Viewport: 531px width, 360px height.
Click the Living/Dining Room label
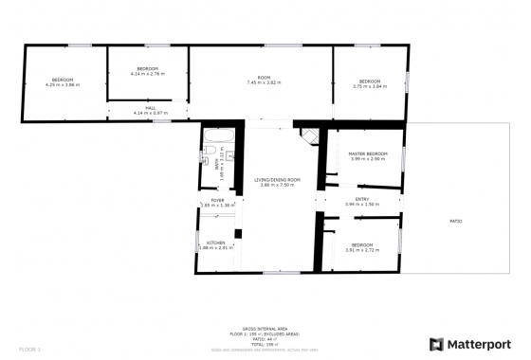point(278,179)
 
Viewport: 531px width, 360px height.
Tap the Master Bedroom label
point(367,153)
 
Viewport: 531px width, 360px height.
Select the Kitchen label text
point(216,243)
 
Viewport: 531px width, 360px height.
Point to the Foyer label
point(217,200)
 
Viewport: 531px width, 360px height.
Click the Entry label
point(361,199)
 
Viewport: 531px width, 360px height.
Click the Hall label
point(150,108)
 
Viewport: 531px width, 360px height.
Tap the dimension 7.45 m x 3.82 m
point(265,83)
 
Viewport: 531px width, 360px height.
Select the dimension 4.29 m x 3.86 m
point(63,85)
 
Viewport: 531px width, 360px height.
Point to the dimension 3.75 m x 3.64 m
point(369,86)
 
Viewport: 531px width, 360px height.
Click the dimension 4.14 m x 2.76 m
point(147,73)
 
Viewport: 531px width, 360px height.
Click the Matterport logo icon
point(437,344)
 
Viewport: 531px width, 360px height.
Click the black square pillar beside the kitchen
point(239,233)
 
